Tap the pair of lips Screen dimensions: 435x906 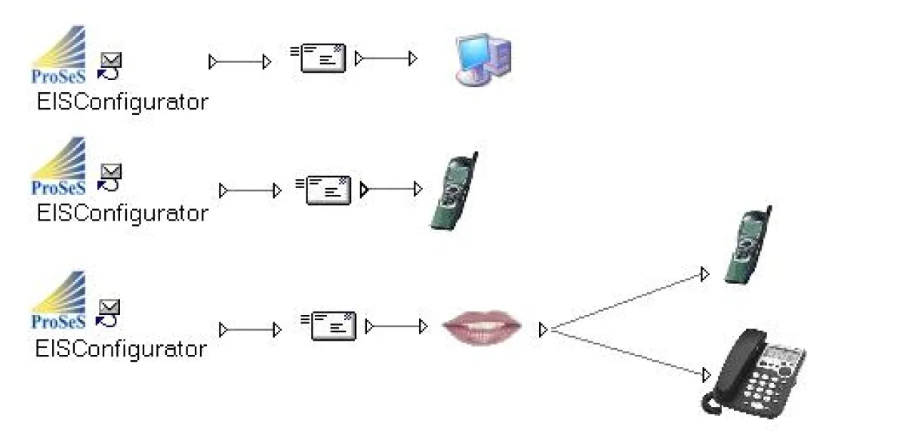coord(481,329)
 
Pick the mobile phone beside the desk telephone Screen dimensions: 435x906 coord(747,245)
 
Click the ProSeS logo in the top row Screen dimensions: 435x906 coord(59,55)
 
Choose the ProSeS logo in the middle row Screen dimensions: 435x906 coord(59,166)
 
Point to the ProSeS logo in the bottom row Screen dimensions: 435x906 coord(59,300)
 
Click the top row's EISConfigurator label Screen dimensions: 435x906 coord(122,102)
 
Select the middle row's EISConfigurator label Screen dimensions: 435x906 coord(122,213)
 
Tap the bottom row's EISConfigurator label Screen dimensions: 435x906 coord(121,349)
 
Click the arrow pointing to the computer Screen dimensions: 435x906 coord(386,59)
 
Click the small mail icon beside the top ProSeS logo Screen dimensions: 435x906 coord(110,65)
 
